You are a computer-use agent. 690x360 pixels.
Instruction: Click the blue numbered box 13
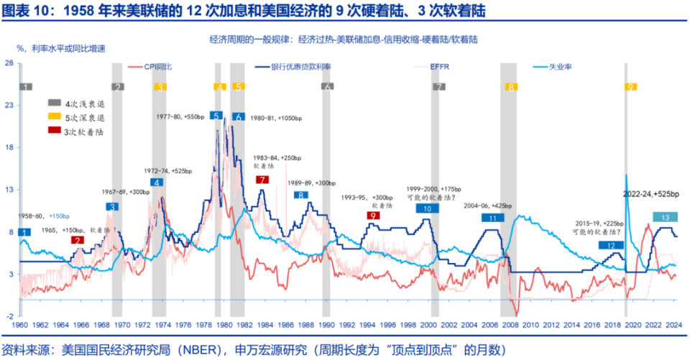(x=666, y=217)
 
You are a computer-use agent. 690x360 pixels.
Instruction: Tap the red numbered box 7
(x=262, y=180)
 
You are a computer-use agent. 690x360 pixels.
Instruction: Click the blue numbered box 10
(x=428, y=208)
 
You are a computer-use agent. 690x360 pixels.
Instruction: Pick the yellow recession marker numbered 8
(x=510, y=87)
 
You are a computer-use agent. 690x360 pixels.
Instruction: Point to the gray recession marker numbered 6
(x=327, y=87)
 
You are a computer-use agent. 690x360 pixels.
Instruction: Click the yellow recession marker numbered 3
(x=160, y=87)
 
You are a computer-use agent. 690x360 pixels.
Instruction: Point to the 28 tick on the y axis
(x=9, y=63)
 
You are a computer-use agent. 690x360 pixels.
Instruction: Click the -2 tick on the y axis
(x=9, y=316)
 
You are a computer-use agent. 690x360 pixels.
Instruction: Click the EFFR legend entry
(x=440, y=68)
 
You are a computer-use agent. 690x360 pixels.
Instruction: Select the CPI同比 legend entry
(x=157, y=68)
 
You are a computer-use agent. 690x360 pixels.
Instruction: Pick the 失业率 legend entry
(x=561, y=68)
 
